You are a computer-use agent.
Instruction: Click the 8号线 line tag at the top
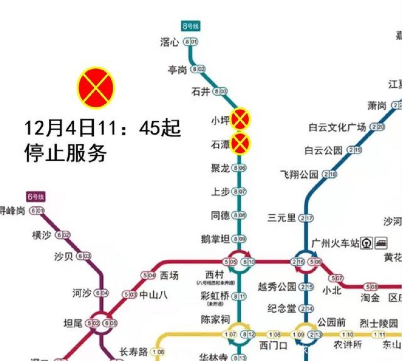click(x=191, y=26)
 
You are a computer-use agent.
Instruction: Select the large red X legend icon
click(x=96, y=88)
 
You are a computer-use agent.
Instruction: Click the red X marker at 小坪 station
click(x=240, y=119)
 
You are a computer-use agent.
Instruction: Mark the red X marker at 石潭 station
click(x=240, y=144)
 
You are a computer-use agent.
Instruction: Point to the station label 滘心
click(x=170, y=42)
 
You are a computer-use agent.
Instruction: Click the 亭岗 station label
click(x=177, y=69)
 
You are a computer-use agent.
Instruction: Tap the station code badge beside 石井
click(x=220, y=91)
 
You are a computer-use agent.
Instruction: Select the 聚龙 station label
click(x=220, y=168)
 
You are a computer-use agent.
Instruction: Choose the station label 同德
click(x=220, y=216)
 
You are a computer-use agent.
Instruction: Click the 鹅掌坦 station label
click(x=215, y=239)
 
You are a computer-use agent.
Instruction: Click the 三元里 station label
click(x=282, y=218)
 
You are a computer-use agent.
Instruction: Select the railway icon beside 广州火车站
click(x=368, y=243)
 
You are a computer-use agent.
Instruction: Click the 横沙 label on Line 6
click(x=42, y=235)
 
